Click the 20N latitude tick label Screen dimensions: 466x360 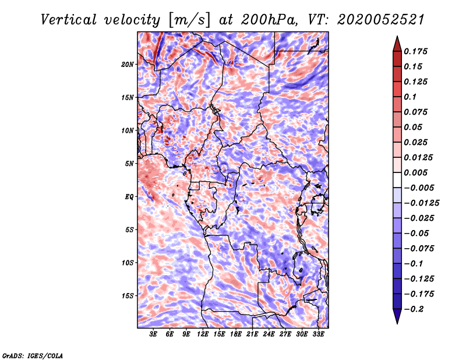(127, 65)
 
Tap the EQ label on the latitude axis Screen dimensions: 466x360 (129, 197)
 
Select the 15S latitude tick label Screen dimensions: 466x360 (127, 296)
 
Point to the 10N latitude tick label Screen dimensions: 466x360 (127, 130)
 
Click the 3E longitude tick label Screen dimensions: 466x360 (153, 334)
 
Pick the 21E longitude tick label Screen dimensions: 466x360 (252, 334)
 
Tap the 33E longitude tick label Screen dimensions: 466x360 (318, 334)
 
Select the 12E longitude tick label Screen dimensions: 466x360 (202, 334)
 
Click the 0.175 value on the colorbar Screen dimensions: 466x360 (415, 51)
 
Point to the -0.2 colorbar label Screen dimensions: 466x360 (414, 309)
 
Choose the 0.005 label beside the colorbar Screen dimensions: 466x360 (415, 172)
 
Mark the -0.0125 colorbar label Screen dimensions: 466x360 (421, 203)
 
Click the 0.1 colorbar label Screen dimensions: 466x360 (410, 97)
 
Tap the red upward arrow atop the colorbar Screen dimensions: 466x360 (397, 44)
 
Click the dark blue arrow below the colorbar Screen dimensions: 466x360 (397, 316)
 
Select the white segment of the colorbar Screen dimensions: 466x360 (397, 180)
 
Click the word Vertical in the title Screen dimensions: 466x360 (69, 20)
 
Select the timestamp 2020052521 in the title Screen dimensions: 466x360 (381, 20)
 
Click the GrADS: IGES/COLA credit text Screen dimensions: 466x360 (33, 355)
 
